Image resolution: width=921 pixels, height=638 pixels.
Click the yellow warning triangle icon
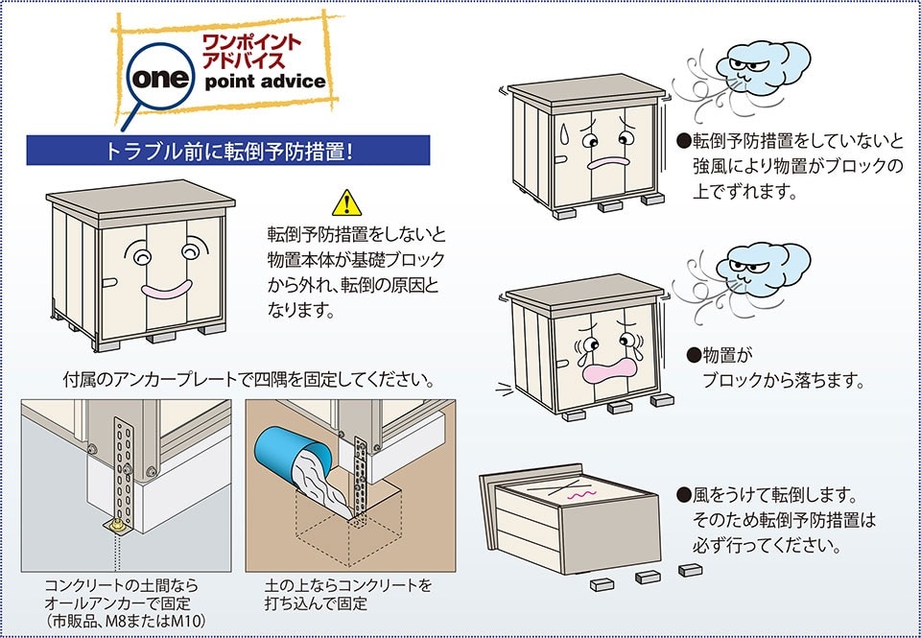click(x=345, y=202)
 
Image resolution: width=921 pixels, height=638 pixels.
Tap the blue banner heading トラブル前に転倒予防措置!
click(x=227, y=151)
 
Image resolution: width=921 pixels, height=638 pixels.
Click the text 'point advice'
click(x=266, y=82)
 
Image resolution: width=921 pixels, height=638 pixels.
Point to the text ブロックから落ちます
click(x=784, y=380)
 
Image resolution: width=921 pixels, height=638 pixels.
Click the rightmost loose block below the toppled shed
click(x=690, y=570)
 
